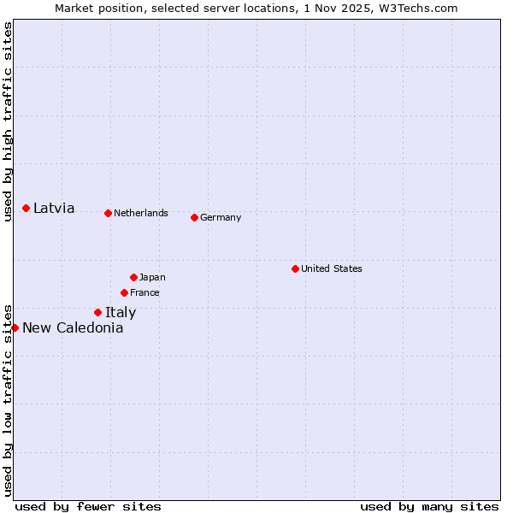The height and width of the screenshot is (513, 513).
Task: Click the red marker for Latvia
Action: pos(26,208)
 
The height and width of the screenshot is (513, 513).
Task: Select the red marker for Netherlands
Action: pos(108,213)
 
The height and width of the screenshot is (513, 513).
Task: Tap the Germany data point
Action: pos(194,217)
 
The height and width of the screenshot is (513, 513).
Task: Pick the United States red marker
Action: pos(295,268)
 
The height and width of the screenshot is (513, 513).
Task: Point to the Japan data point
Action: pos(133,277)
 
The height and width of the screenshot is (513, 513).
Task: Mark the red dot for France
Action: pos(124,292)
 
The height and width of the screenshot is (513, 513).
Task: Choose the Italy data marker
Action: pos(97,312)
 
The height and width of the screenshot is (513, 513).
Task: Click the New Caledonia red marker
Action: pos(15,327)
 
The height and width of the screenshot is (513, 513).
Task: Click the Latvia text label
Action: pos(54,208)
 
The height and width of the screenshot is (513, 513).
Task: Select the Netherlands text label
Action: pos(141,213)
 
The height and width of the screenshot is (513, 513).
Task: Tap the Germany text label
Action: pos(221,217)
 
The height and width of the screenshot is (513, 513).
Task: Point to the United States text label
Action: pos(332,268)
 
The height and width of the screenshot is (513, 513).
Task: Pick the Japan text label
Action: pos(152,277)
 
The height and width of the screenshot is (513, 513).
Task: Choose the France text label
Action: pos(144,292)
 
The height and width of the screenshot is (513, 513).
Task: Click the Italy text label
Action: pos(121,312)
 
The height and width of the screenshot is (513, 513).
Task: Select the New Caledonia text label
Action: pos(73,327)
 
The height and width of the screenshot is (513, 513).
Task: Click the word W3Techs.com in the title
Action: pos(419,8)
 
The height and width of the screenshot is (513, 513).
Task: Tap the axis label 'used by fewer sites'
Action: pos(88,506)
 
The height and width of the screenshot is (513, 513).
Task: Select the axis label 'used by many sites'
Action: pos(429,506)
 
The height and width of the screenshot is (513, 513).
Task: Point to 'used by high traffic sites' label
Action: pos(8,121)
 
